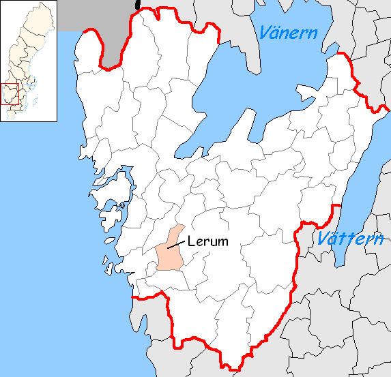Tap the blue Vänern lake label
pyautogui.click(x=287, y=32)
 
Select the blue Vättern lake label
pyautogui.click(x=349, y=239)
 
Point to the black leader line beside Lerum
pyautogui.click(x=176, y=243)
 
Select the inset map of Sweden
pyautogui.click(x=28, y=62)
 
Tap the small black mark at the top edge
pyautogui.click(x=138, y=5)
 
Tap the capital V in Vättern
pyautogui.click(x=323, y=239)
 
